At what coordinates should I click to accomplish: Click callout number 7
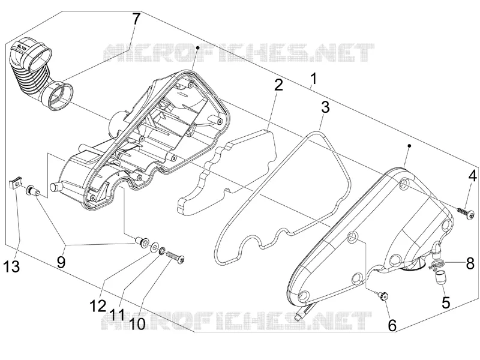[x=136, y=20]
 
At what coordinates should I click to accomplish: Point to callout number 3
[x=325, y=107]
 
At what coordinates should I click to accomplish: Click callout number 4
[x=472, y=176]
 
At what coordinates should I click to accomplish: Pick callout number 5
[x=446, y=302]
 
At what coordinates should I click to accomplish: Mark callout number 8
[x=470, y=263]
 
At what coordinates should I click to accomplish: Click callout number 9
[x=61, y=262]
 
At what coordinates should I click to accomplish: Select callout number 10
[x=137, y=323]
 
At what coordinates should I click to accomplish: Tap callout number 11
[x=117, y=314]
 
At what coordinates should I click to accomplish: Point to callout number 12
[x=98, y=305]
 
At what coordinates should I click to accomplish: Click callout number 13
[x=12, y=266]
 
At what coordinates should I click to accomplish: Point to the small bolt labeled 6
[x=383, y=295]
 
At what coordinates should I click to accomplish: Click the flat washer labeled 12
[x=154, y=246]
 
